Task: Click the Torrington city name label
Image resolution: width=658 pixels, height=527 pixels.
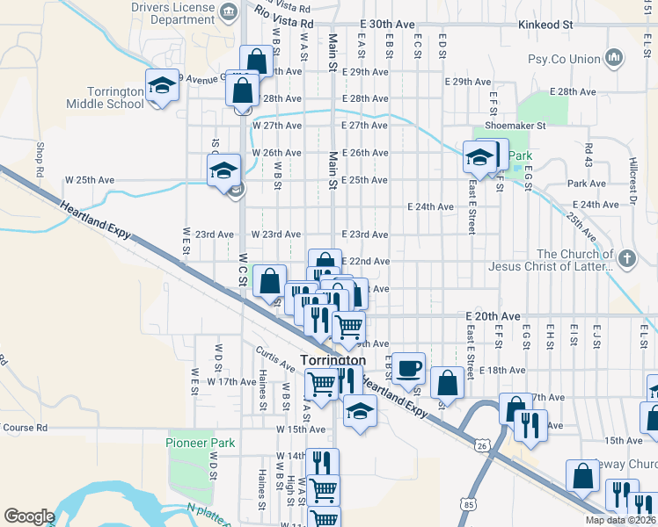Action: click(x=333, y=361)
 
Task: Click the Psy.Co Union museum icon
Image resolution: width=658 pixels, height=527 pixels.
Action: click(x=614, y=59)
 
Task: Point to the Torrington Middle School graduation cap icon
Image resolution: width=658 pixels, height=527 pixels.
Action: click(x=161, y=85)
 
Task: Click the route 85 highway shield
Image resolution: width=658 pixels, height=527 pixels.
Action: click(x=466, y=504)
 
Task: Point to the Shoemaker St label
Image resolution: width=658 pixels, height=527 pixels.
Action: click(x=515, y=126)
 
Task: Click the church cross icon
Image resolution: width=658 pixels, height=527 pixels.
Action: click(x=625, y=258)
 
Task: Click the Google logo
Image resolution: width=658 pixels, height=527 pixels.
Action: click(x=29, y=516)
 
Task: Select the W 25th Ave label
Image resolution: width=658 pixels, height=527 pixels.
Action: click(x=90, y=180)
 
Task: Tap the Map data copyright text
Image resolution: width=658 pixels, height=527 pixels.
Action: click(x=619, y=520)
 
